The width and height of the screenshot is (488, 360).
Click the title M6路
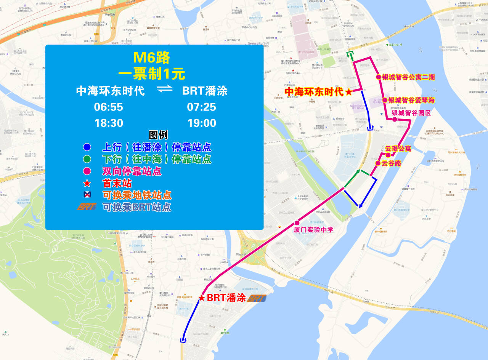(x=151, y=58)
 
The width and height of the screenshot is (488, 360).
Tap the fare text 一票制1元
(x=151, y=74)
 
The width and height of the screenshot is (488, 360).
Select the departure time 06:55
(x=109, y=107)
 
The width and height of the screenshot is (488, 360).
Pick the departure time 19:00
(x=202, y=123)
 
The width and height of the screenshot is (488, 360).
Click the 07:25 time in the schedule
(x=202, y=107)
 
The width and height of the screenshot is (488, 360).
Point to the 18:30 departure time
(x=109, y=123)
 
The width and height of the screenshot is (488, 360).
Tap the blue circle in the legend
(x=87, y=147)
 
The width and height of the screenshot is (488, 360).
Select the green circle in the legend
(x=87, y=159)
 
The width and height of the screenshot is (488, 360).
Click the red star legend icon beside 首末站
(x=87, y=184)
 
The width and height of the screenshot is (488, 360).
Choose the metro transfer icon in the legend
(x=87, y=195)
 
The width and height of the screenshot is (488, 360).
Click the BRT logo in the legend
(x=87, y=207)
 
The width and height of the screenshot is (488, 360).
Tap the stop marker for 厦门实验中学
(x=297, y=223)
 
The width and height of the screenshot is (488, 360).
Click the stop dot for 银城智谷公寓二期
(x=379, y=77)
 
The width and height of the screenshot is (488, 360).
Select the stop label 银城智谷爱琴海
(x=411, y=100)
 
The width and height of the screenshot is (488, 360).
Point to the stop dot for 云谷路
(x=378, y=163)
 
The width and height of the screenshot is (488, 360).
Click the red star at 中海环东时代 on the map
(x=348, y=92)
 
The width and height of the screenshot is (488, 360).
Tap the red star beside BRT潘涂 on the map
(x=202, y=298)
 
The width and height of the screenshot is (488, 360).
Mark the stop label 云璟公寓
(x=398, y=149)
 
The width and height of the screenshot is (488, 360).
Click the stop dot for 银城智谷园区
(x=395, y=120)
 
